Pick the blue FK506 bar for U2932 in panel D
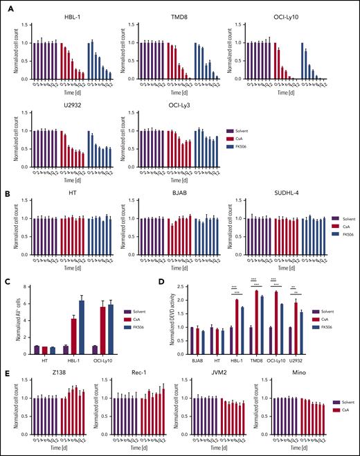click(x=301, y=330)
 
